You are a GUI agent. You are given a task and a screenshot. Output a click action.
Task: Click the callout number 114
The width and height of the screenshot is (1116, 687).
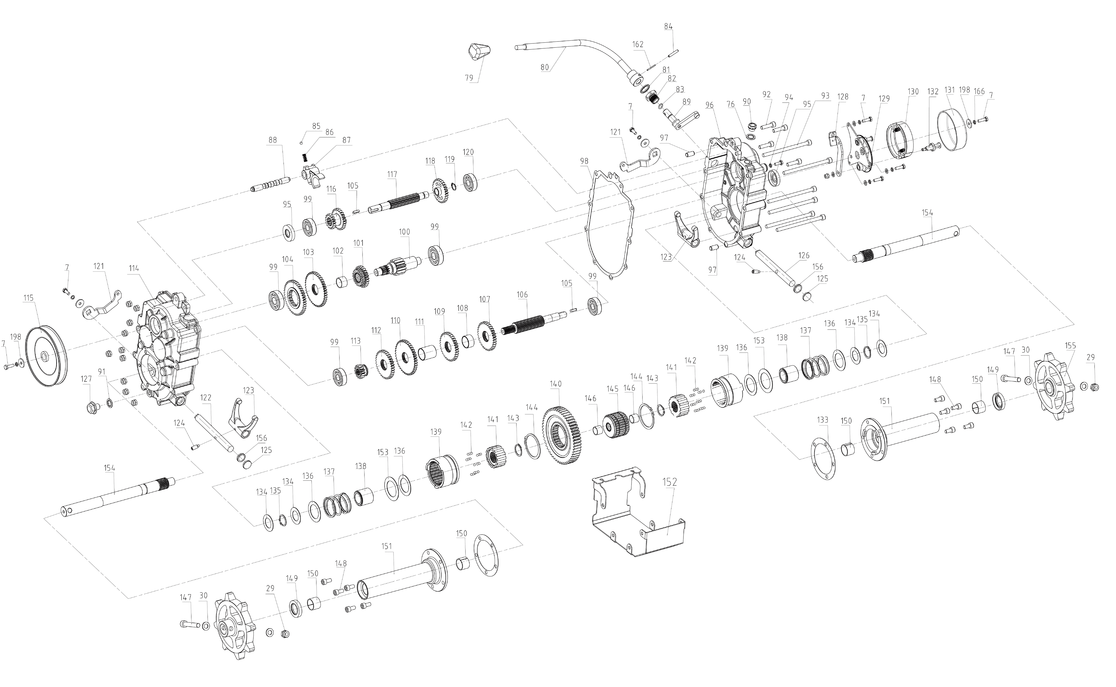click(x=133, y=269)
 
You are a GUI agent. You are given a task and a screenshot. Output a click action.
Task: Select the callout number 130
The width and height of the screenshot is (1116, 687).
click(x=913, y=91)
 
